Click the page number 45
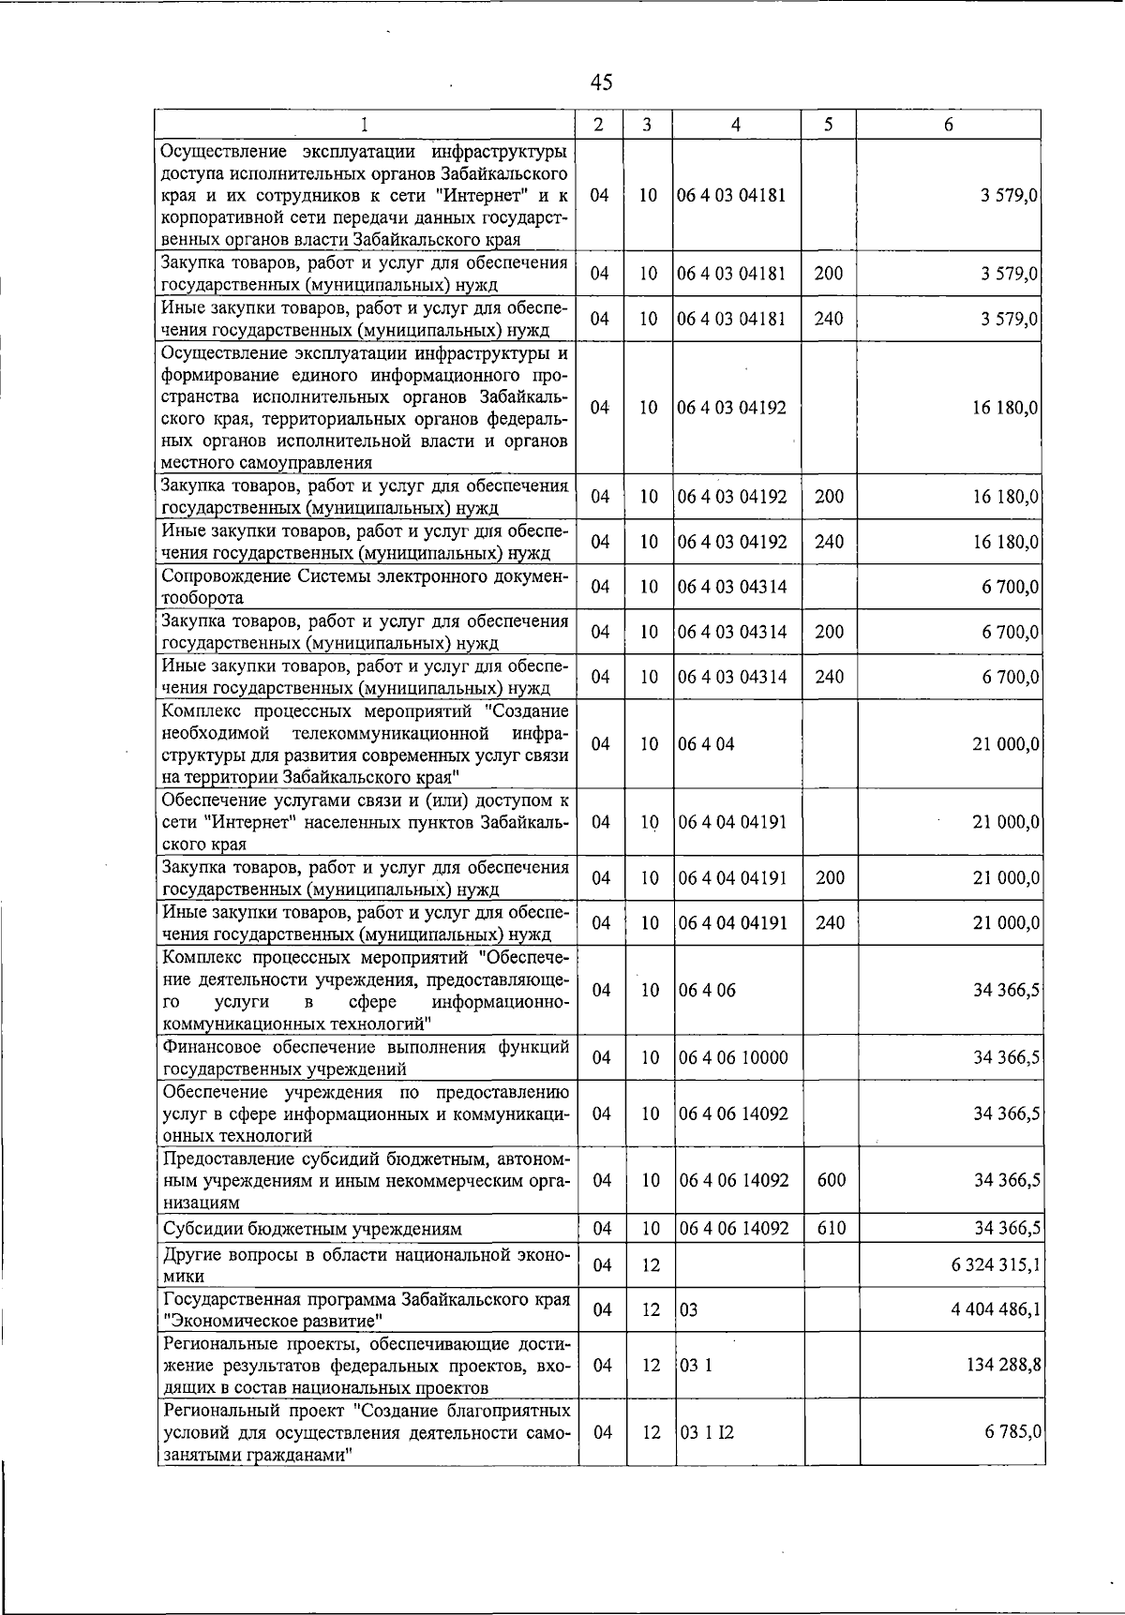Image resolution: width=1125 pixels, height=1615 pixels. tap(602, 82)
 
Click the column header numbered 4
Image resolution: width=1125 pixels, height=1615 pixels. tap(736, 125)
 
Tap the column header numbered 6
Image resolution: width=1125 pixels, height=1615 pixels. tap(949, 125)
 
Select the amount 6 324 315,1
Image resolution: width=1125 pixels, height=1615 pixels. tap(995, 1264)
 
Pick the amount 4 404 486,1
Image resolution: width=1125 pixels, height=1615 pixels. tap(995, 1309)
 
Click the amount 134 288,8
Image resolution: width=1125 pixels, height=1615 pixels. tap(1003, 1365)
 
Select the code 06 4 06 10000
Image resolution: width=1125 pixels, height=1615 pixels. tap(734, 1057)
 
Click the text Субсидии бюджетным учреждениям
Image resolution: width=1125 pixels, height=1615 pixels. tap(312, 1229)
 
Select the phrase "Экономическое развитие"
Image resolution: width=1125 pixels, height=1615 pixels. tap(272, 1321)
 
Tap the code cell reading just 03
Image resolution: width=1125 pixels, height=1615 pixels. tap(689, 1309)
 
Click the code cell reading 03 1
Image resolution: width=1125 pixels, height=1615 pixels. tap(696, 1365)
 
